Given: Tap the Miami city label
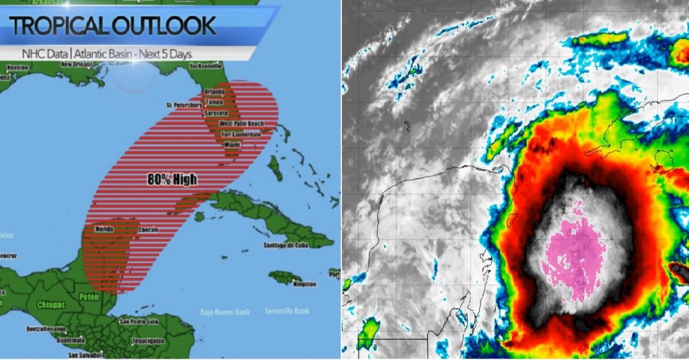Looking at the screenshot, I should [232, 145].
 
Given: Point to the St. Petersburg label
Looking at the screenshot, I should [184, 106].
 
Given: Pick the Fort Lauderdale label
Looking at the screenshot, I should [242, 135].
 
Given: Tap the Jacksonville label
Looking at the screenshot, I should [206, 67].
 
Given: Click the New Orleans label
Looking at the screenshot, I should [75, 64].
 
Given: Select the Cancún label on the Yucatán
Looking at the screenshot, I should [148, 229].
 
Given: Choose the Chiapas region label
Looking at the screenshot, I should [51, 305].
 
